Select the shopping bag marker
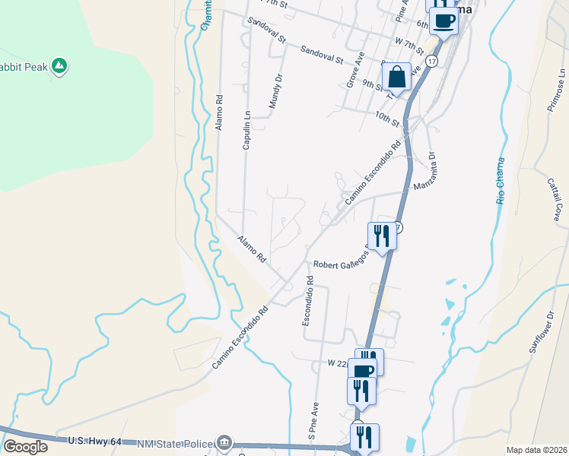pos(396,77)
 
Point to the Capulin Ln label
pos(246,130)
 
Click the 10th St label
pos(386,118)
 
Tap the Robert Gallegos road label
pos(340,260)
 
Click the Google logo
pos(25,447)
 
